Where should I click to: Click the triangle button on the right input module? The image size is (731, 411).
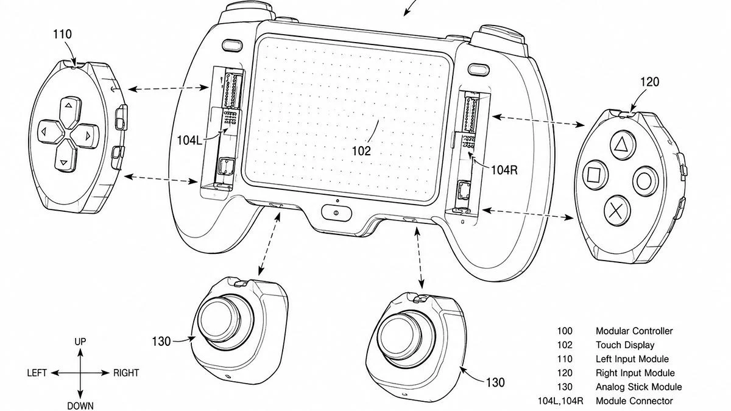click(623, 145)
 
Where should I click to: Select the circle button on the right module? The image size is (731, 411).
click(644, 181)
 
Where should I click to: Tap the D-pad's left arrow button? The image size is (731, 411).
click(50, 132)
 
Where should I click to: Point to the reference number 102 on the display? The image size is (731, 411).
click(361, 151)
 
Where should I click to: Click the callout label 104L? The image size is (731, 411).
click(189, 140)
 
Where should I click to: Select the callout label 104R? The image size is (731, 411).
click(504, 170)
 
